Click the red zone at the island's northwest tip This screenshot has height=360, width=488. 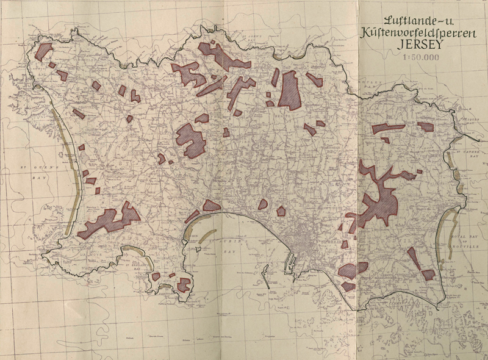[x=44, y=51]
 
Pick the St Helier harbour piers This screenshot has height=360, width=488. [x=292, y=262]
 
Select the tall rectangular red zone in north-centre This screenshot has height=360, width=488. [x=289, y=90]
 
